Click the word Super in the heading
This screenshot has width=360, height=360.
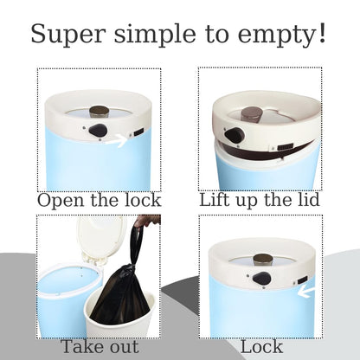(67, 34)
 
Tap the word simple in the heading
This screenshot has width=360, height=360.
(155, 34)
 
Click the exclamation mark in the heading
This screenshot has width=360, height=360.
(322, 32)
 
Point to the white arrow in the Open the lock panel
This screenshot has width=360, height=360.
(117, 140)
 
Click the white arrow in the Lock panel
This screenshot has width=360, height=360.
(306, 292)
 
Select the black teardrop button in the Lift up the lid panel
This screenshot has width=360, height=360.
(235, 135)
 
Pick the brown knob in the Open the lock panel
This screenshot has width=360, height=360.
(99, 112)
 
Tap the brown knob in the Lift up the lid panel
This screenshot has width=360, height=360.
(252, 114)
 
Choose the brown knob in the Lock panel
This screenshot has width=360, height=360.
(262, 259)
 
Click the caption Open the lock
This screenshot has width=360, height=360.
(99, 200)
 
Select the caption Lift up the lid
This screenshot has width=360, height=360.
(260, 200)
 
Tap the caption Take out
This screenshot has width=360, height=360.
(100, 346)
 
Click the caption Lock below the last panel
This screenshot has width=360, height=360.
(261, 346)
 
